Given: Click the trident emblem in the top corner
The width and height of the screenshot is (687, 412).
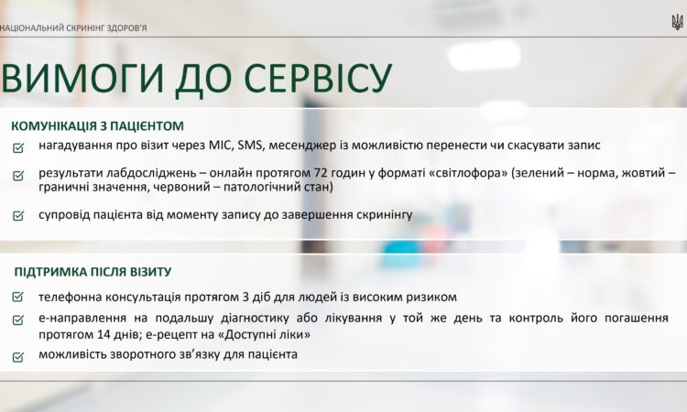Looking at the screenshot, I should [x=678, y=21].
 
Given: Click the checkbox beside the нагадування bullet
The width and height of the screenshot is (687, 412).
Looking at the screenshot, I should [x=18, y=147].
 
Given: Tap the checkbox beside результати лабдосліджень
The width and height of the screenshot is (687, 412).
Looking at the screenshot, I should [x=18, y=174].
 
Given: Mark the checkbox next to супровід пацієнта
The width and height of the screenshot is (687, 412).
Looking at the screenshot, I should [x=18, y=216].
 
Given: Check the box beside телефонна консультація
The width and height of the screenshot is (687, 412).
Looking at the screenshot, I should [x=18, y=298].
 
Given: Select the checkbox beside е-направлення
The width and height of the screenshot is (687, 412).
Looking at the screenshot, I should [x=18, y=320].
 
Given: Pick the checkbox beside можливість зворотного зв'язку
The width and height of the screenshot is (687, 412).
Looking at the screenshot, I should [x=18, y=356].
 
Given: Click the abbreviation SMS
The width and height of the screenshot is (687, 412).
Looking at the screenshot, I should [x=251, y=146].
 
